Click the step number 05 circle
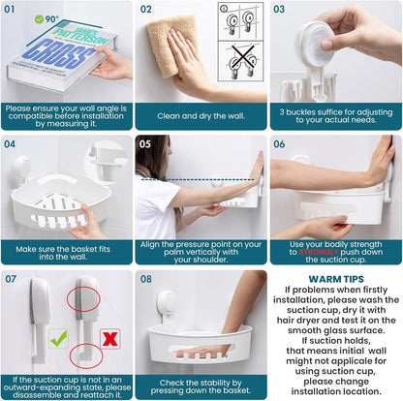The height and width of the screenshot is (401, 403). [146, 144]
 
